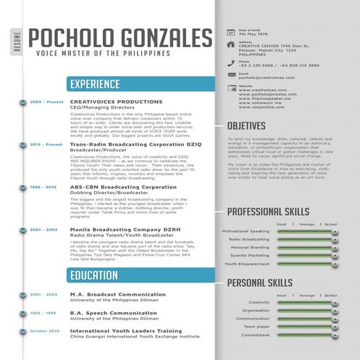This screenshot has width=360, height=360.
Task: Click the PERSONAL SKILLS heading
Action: (x=261, y=282)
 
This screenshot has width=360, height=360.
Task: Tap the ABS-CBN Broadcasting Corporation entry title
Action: (x=113, y=187)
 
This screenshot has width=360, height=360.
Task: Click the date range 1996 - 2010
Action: (x=43, y=187)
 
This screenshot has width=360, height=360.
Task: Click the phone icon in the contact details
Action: (x=230, y=63)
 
